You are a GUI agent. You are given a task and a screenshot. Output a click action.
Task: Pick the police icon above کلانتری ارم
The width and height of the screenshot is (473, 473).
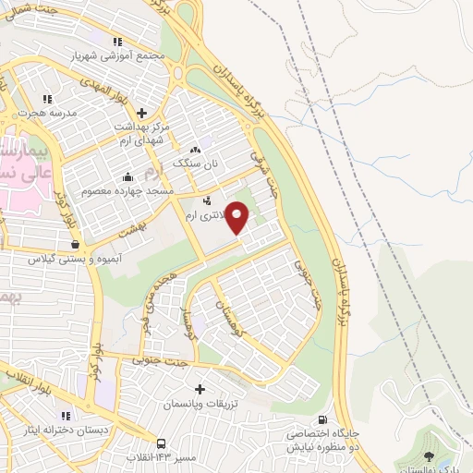tap(206, 200)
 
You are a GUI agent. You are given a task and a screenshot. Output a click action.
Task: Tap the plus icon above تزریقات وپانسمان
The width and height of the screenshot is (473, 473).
tap(200, 391)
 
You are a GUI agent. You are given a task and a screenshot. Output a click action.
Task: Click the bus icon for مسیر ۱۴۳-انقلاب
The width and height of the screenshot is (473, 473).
tap(163, 443)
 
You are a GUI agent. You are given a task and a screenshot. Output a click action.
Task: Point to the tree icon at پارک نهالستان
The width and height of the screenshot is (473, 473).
tap(427, 456)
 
